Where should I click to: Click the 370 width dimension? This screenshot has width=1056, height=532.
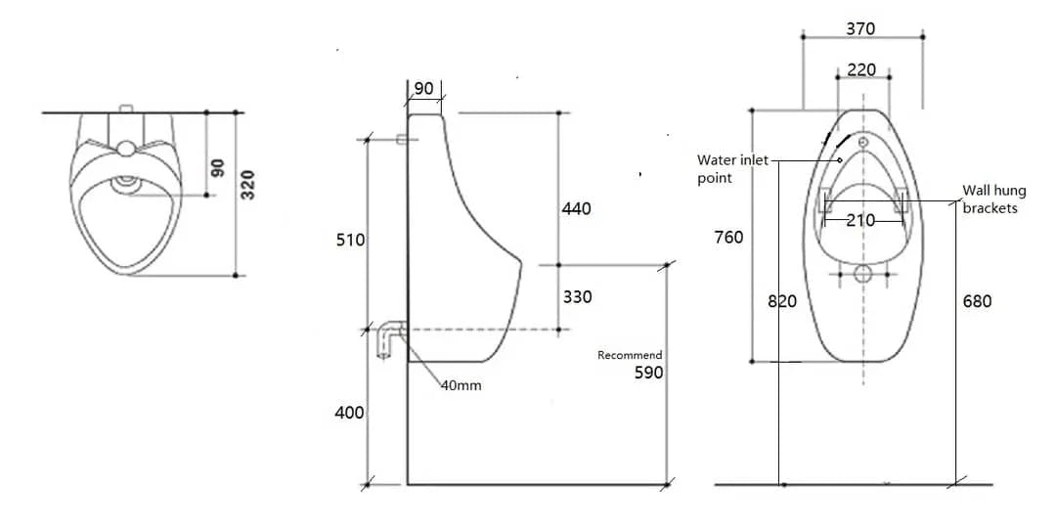pyautogui.click(x=860, y=29)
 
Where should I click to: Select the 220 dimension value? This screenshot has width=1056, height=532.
pyautogui.click(x=861, y=70)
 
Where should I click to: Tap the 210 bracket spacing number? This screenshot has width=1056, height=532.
pyautogui.click(x=860, y=220)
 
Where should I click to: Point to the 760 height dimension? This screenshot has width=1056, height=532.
pyautogui.click(x=728, y=238)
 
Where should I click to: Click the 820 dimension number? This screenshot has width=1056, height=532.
pyautogui.click(x=781, y=301)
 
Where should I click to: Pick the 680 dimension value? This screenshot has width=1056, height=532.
pyautogui.click(x=977, y=301)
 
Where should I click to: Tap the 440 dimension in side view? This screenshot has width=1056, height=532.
pyautogui.click(x=576, y=208)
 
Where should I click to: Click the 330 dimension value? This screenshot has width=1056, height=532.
pyautogui.click(x=577, y=297)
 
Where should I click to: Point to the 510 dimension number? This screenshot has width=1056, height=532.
pyautogui.click(x=350, y=241)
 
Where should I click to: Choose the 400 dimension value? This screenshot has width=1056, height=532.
pyautogui.click(x=349, y=413)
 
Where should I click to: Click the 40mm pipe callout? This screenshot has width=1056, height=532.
pyautogui.click(x=461, y=385)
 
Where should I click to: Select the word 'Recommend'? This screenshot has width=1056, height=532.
pyautogui.click(x=630, y=355)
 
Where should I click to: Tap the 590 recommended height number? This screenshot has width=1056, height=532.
pyautogui.click(x=647, y=373)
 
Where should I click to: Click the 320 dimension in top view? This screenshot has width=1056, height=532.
pyautogui.click(x=248, y=185)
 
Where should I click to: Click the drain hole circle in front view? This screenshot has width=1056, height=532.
pyautogui.click(x=862, y=274)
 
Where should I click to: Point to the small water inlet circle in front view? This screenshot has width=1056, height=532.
pyautogui.click(x=863, y=143)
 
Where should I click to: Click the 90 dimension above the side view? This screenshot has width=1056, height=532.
pyautogui.click(x=423, y=89)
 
